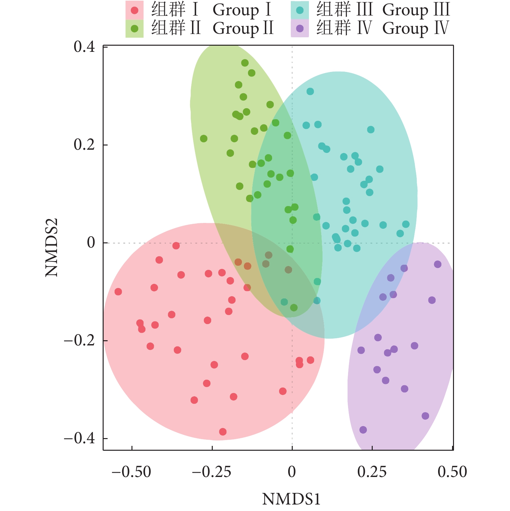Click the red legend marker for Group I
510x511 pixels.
[x=134, y=10]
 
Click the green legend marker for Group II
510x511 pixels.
[x=134, y=29]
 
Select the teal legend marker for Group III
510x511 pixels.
[x=300, y=10]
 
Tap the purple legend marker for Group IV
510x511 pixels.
[x=300, y=29]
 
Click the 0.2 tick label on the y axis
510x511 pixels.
[x=84, y=145]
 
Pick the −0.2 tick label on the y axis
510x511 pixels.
[x=79, y=341]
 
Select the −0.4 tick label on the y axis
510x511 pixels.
[x=79, y=438]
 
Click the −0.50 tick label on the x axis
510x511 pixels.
[x=131, y=472]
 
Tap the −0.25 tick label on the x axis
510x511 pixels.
[x=211, y=472]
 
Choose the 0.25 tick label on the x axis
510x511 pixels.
[x=372, y=472]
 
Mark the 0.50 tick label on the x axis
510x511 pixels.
[x=452, y=472]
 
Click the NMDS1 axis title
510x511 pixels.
[x=291, y=499]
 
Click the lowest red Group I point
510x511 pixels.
[x=223, y=432]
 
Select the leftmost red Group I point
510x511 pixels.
[x=118, y=292]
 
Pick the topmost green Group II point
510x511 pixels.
[x=245, y=63]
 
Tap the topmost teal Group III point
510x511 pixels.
[x=310, y=91]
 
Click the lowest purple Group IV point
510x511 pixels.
[x=363, y=430]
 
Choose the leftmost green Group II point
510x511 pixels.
[x=204, y=139]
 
